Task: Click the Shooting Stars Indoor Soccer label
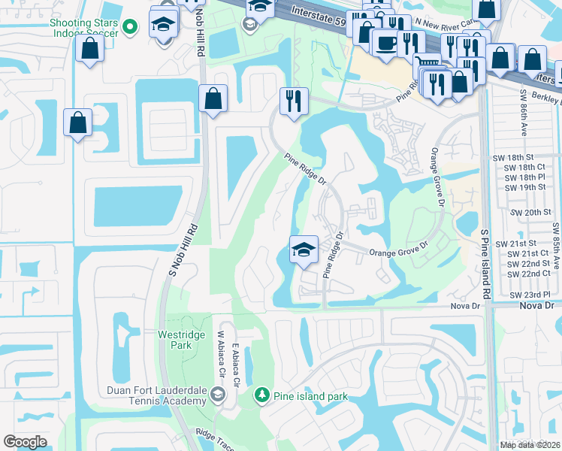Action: (83, 27)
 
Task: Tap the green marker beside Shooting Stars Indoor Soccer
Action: (130, 27)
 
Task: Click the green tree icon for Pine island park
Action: (261, 394)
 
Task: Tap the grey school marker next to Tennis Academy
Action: (217, 394)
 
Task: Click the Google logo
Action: (26, 442)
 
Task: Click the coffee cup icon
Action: (387, 44)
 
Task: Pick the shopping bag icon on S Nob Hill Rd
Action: (213, 98)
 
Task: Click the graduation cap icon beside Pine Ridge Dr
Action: (304, 250)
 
